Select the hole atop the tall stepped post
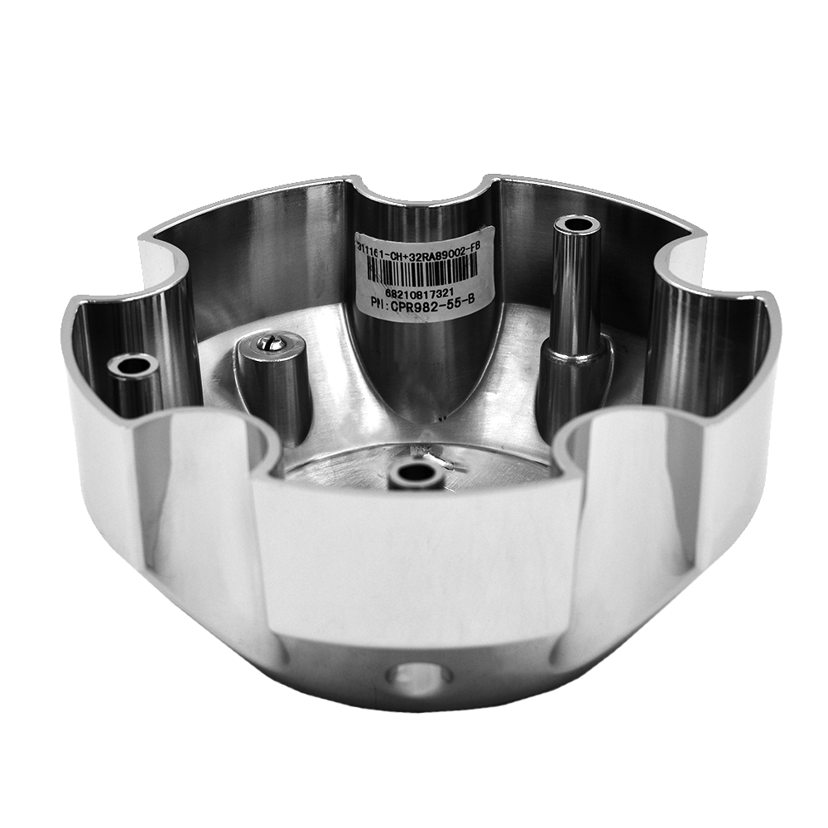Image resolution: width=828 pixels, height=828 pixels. (578, 224)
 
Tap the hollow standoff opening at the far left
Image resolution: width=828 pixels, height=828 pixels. (133, 364)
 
